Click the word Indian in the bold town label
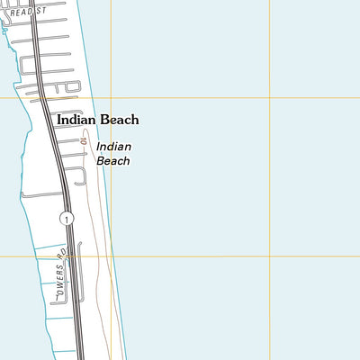(75, 119)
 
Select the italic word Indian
(113, 146)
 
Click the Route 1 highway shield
(66, 219)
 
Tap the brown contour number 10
(82, 142)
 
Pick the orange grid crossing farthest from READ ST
(270, 256)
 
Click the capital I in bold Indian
(58, 119)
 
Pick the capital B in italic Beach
(101, 161)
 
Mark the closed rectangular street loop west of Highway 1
(49, 288)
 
